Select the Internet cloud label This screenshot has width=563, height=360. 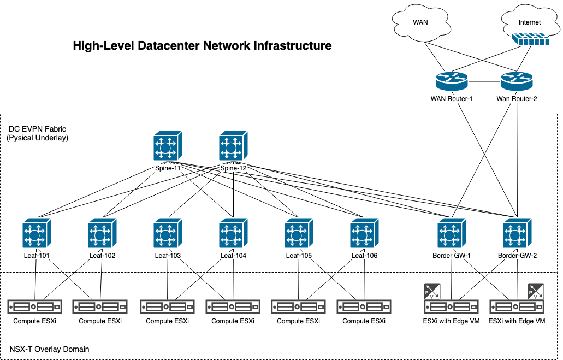(529, 22)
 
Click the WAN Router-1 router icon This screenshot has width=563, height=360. (452, 82)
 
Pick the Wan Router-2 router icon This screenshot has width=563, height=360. (517, 82)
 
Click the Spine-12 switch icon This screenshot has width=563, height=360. (234, 146)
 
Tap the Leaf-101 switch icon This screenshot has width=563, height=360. (37, 234)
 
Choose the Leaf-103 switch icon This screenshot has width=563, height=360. (168, 234)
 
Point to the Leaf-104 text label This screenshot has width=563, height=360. (234, 255)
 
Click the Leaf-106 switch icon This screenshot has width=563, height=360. (364, 234)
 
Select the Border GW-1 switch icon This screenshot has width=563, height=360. (452, 234)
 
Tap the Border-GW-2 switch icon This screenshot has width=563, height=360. (517, 234)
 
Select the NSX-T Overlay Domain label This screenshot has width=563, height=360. (49, 349)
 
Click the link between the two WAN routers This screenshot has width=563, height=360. (484, 82)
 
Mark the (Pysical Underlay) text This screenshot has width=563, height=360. (37, 138)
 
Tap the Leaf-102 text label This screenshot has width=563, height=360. (102, 255)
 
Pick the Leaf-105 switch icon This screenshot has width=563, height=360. (299, 234)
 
